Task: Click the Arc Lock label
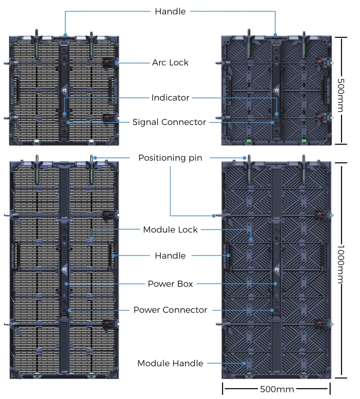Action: [x=170, y=62]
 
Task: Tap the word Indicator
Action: [x=170, y=98]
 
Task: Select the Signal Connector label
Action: [x=169, y=122]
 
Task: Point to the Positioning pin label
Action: [x=170, y=158]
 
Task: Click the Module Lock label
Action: [x=170, y=230]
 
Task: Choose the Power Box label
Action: [x=170, y=283]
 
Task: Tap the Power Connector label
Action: [x=170, y=310]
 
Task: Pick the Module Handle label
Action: [x=170, y=363]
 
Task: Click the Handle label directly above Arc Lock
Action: [x=170, y=11]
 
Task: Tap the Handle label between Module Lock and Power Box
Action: [x=170, y=256]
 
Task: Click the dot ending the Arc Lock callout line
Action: [x=116, y=63]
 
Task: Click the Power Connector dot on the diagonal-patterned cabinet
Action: [x=273, y=310]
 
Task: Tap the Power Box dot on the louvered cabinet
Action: [x=66, y=283]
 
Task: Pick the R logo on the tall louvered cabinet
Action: [x=65, y=269]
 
